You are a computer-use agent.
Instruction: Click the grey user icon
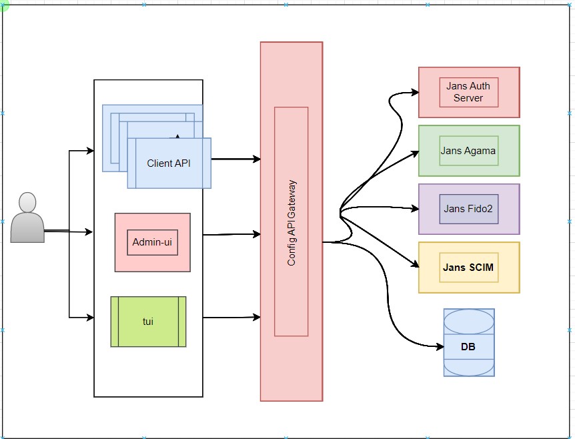coord(27,217)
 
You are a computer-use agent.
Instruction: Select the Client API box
coord(169,163)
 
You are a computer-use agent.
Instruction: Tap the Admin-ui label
coord(152,242)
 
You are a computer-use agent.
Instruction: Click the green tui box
coord(148,322)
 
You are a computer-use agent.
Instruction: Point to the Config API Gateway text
coord(292,223)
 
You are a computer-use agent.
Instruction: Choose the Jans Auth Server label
coord(468,92)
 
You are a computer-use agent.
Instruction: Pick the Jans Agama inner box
coord(468,151)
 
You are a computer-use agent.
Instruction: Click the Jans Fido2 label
coord(468,209)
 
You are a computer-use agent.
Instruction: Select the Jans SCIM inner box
coord(468,268)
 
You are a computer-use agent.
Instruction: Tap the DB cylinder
coord(469,342)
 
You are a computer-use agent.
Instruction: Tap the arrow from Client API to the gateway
coord(233,159)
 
